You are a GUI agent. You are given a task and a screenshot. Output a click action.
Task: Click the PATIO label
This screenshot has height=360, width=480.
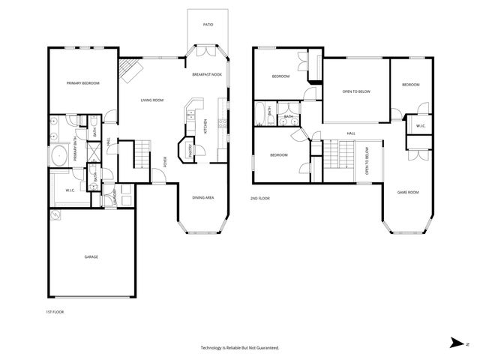coord(208,25)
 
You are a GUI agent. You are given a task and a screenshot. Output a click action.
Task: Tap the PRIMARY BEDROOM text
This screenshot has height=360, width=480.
coord(82,83)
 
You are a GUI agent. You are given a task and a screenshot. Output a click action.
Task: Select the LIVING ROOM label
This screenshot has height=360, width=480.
coord(152,100)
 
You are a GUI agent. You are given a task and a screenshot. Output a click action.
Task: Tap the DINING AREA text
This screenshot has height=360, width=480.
coord(203,197)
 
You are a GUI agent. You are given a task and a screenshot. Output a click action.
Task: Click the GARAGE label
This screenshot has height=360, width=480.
coord(91,257)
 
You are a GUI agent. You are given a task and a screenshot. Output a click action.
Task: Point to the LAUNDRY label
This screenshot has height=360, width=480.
coord(114,197)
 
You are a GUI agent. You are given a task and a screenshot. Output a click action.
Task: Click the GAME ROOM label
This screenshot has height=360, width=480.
coord(407,193)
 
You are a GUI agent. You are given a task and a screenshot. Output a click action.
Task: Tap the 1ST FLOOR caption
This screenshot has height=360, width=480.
coord(55,311)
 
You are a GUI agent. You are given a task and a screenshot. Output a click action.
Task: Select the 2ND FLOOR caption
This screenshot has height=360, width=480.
coord(259,198)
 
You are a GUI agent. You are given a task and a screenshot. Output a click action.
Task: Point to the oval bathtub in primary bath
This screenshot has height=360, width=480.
coord(58,155)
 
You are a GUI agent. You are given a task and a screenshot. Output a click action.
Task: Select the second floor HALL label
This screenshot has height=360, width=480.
coord(351,133)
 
